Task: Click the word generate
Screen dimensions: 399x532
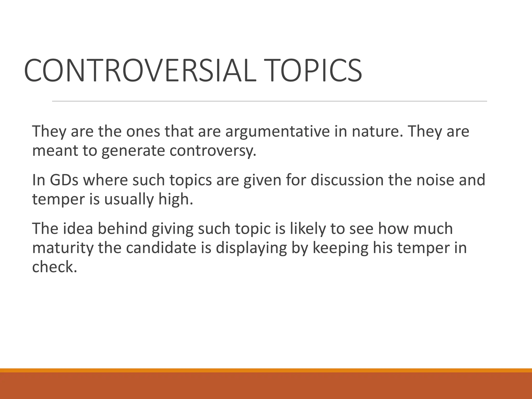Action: point(133,151)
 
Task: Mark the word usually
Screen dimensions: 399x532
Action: point(129,199)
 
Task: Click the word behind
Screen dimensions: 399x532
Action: point(122,229)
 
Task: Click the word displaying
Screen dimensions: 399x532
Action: point(251,248)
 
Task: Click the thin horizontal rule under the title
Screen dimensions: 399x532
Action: point(269,101)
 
